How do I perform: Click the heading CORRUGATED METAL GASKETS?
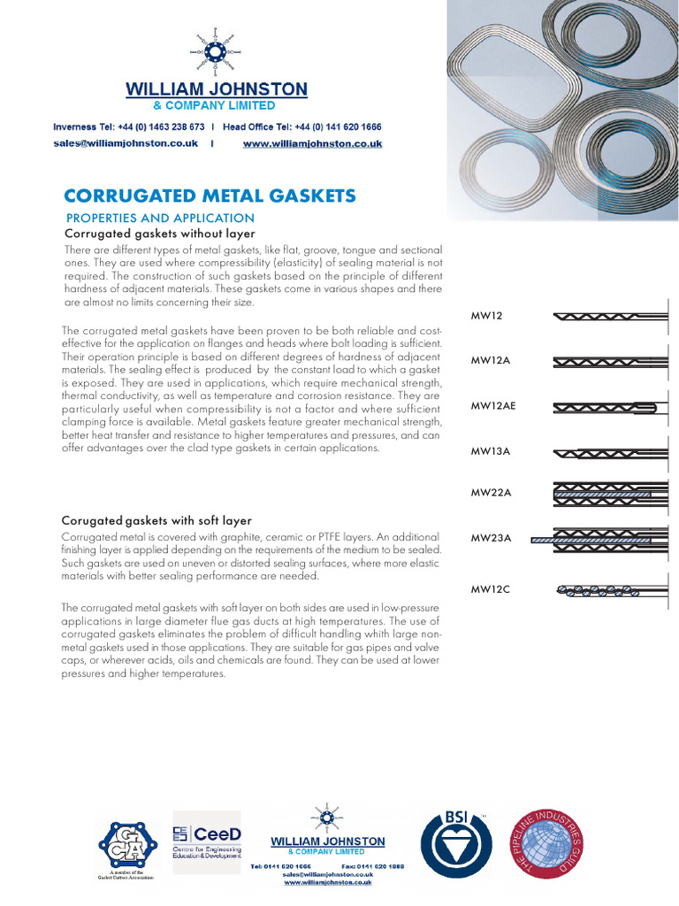tap(210, 196)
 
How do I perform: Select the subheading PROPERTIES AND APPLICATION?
tap(160, 219)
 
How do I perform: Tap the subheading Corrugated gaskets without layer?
tap(160, 234)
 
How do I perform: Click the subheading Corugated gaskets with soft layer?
tap(157, 520)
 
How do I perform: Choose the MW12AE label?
tap(492, 406)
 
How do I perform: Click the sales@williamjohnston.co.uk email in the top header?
tap(126, 143)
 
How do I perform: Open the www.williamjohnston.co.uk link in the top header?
tap(312, 143)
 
